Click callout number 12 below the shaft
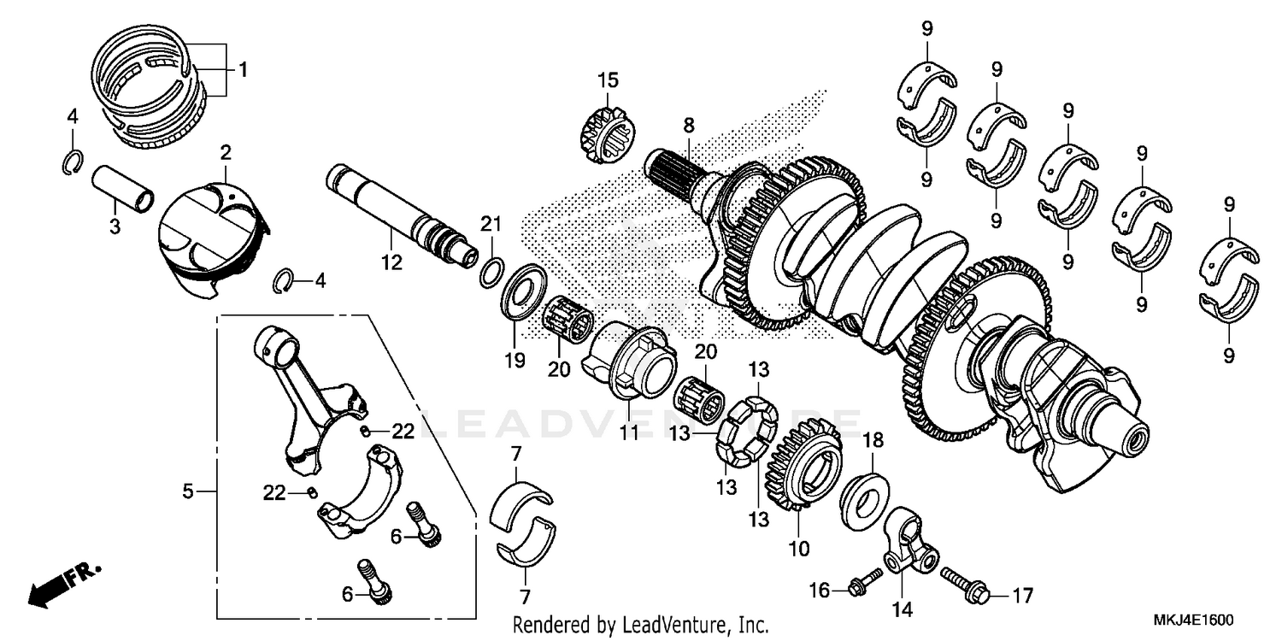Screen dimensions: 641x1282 (x=391, y=264)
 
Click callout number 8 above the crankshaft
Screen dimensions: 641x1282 (x=689, y=126)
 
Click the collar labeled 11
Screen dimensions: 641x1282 (x=631, y=362)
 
